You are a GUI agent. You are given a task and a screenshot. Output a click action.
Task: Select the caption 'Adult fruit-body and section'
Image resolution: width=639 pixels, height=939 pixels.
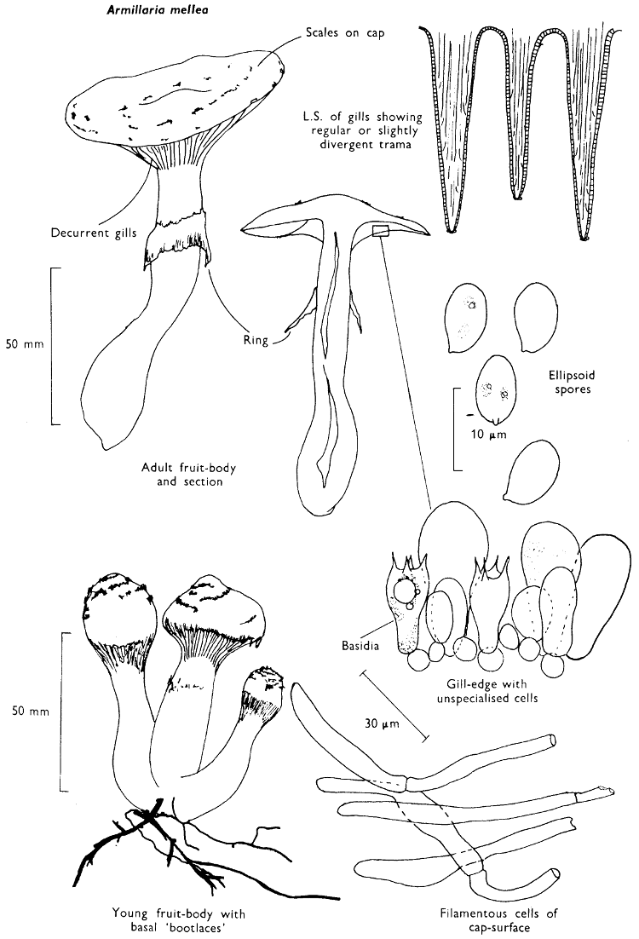tap(183, 474)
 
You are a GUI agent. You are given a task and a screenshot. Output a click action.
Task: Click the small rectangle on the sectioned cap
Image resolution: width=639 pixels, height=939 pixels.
tap(381, 229)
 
